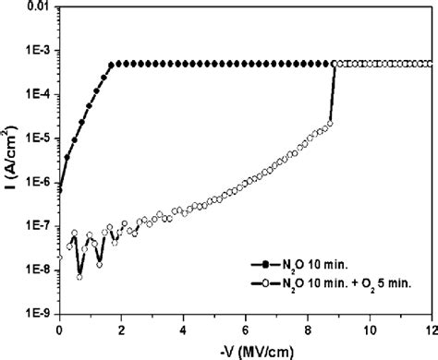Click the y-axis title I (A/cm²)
click(10, 157)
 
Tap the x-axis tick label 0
click(60, 328)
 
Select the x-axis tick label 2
click(122, 328)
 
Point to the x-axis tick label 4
click(184, 328)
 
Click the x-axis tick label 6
click(246, 328)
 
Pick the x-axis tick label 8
click(308, 328)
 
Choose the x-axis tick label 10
click(370, 328)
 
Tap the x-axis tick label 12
click(431, 328)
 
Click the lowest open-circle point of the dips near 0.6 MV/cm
click(79, 277)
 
